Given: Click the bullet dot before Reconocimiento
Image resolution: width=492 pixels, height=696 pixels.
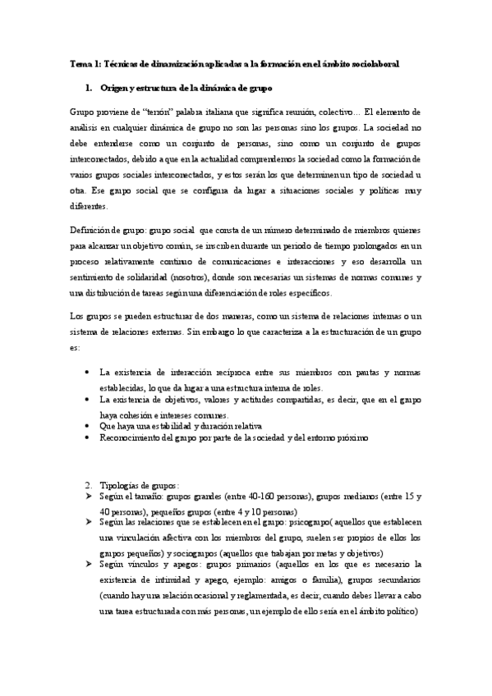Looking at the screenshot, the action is point(88,439).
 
